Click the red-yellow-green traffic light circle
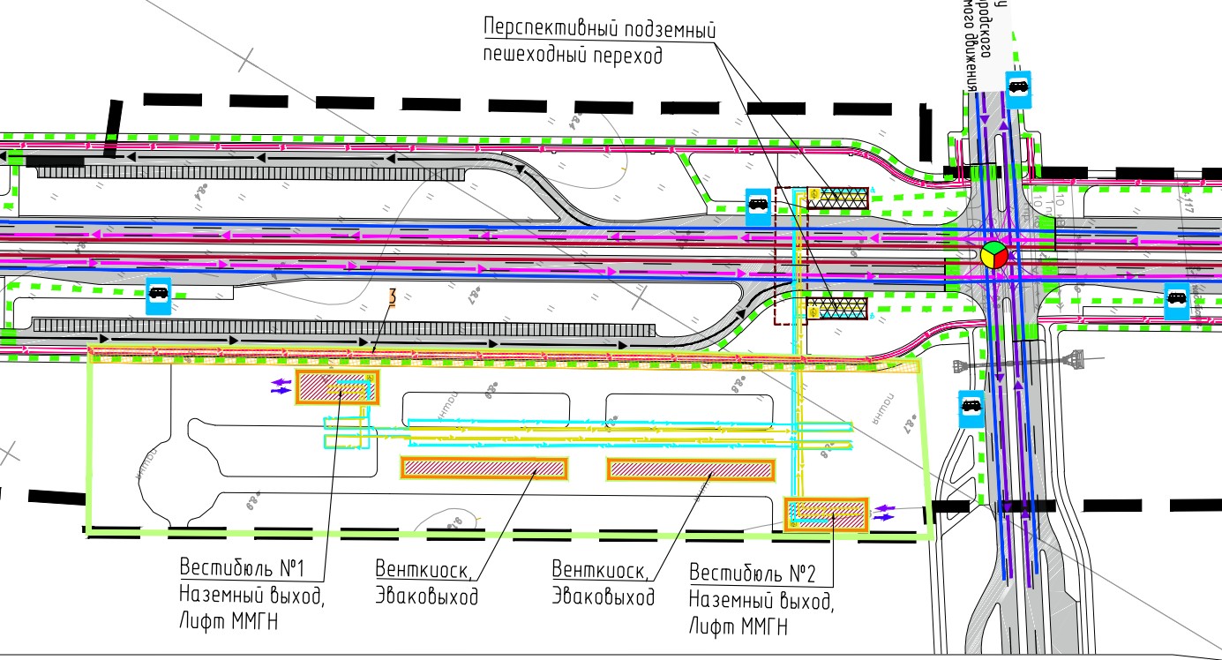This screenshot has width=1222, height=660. (993, 255)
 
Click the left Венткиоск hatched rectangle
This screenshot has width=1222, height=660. (484, 468)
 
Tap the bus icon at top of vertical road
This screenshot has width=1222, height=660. (1018, 87)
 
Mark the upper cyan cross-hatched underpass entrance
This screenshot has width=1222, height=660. (838, 198)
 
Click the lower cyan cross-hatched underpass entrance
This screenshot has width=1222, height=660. (837, 307)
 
